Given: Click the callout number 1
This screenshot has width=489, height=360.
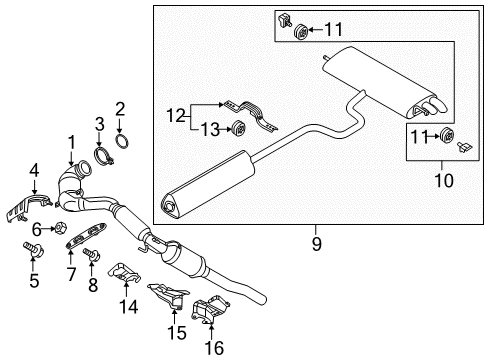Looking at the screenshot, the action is (x=72, y=143).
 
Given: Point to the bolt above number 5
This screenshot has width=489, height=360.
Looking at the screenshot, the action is (x=33, y=249).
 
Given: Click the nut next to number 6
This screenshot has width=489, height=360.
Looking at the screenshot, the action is (x=60, y=228).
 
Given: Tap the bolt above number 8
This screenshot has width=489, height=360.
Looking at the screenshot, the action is (x=91, y=254).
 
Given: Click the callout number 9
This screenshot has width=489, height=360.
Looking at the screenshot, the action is (x=316, y=244).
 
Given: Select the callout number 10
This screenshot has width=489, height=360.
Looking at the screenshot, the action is (x=444, y=180).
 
